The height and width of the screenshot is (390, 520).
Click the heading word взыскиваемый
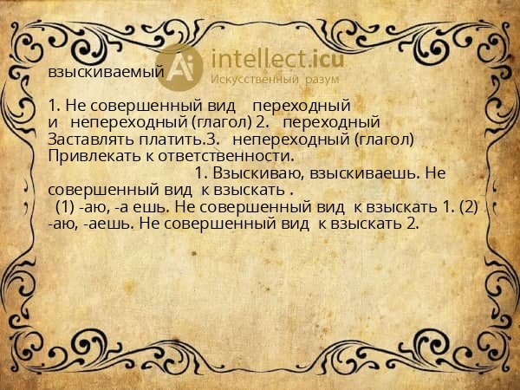tap(106, 73)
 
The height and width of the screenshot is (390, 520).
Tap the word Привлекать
tap(90, 156)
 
